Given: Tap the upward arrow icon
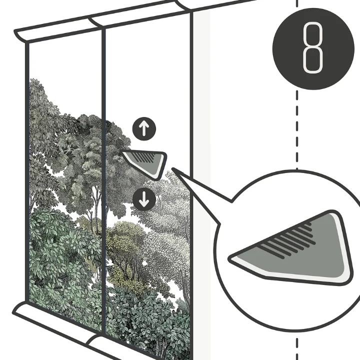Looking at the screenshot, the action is [x=144, y=129].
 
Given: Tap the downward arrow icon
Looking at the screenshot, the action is [x=144, y=199].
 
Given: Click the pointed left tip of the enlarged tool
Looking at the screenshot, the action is [x=228, y=259].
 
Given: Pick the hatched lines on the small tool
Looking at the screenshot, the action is [x=144, y=156].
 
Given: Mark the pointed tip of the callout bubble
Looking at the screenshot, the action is [x=172, y=169].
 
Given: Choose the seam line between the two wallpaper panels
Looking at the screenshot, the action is [x=103, y=179].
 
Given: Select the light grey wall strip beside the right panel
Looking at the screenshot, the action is [x=201, y=183].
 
